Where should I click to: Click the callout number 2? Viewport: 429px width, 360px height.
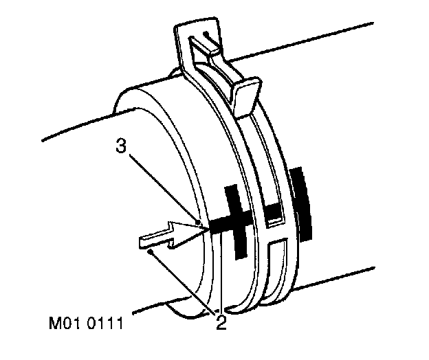221,322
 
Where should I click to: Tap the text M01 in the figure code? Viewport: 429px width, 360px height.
75,321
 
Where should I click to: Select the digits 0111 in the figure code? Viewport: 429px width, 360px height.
113,321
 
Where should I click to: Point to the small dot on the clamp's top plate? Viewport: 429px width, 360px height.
205,33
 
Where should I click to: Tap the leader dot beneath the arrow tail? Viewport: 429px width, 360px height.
151,252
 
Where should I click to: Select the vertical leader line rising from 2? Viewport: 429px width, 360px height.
221,275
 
